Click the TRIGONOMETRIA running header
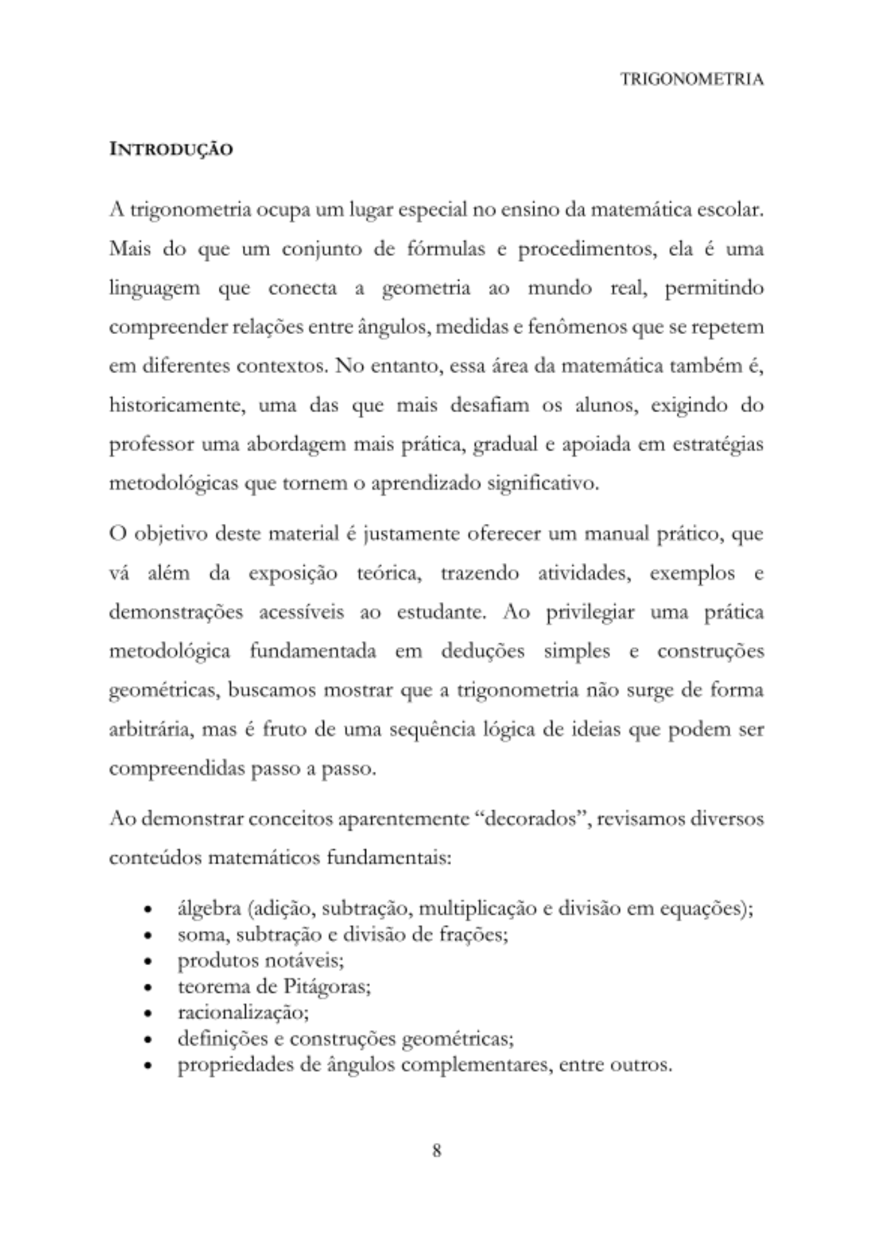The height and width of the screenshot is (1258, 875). point(692,79)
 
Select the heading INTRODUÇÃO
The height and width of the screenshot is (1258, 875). point(171,150)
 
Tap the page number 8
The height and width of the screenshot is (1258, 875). point(437,1151)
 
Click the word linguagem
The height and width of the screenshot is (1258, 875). point(154,289)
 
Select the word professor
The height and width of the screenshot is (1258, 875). point(152,445)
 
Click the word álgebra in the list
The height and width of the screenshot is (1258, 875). point(209,909)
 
